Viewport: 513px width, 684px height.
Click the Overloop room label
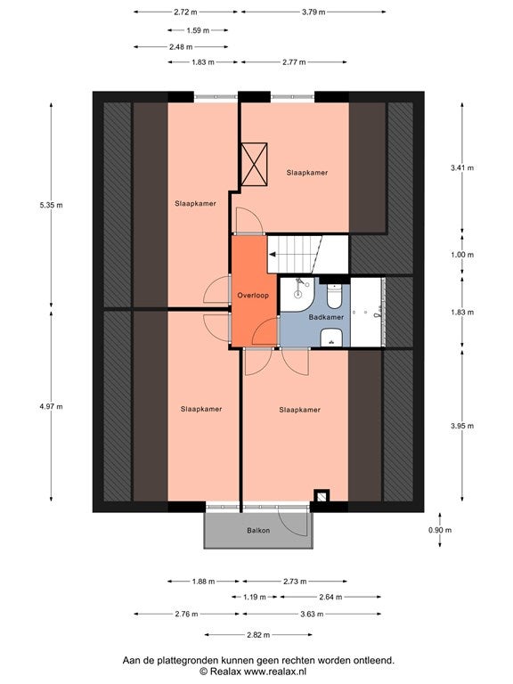tap(253, 296)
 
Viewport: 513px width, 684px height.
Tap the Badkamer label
tap(326, 317)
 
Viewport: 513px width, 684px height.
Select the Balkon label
tap(258, 531)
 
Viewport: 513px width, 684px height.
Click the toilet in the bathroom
tap(335, 296)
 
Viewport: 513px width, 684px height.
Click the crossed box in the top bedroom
tap(255, 164)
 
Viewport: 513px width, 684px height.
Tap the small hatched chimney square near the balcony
tap(322, 496)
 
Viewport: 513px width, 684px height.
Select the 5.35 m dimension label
tap(51, 205)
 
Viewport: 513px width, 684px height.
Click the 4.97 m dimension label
tap(51, 406)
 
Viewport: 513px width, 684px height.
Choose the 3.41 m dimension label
tap(462, 167)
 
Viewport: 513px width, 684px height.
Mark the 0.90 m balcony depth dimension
tap(440, 530)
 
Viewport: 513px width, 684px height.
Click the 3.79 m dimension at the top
tap(313, 12)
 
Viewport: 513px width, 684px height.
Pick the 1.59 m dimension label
tap(198, 30)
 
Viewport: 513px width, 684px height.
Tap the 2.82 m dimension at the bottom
tap(258, 635)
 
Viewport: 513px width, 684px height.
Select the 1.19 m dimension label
tap(255, 598)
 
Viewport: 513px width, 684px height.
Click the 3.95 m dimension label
tap(462, 426)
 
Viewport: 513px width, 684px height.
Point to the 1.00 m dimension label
tap(462, 255)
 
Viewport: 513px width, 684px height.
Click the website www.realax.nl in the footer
tap(275, 672)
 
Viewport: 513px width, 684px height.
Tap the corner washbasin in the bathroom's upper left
tap(297, 294)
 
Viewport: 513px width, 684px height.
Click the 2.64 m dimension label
tap(330, 598)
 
